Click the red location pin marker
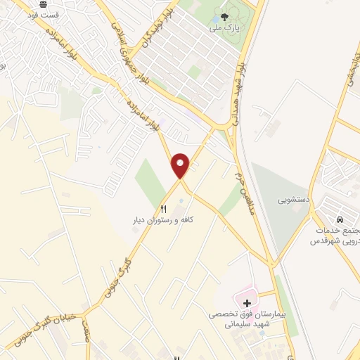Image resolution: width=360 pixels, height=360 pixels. click(181, 165)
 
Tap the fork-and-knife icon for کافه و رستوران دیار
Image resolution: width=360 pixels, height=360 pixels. click(164, 208)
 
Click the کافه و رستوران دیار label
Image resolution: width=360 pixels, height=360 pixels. click(163, 220)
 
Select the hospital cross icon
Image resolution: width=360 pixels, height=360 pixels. click(247, 303)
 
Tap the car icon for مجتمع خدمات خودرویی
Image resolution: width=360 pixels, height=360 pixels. click(340, 219)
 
